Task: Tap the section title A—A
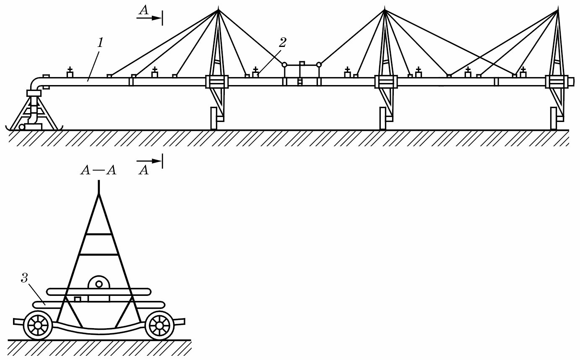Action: (x=99, y=171)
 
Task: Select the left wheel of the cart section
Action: (x=38, y=325)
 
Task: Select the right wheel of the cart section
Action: (x=159, y=325)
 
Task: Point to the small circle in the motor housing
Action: (x=99, y=284)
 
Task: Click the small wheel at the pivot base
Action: (x=22, y=127)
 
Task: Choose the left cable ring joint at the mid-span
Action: (x=284, y=65)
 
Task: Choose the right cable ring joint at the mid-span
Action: (x=319, y=65)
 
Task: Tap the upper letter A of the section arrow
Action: (x=144, y=11)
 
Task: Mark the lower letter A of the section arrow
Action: (x=144, y=170)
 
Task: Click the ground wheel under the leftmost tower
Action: (x=213, y=118)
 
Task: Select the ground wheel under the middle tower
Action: (x=382, y=118)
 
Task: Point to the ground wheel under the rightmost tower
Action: (x=554, y=118)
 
